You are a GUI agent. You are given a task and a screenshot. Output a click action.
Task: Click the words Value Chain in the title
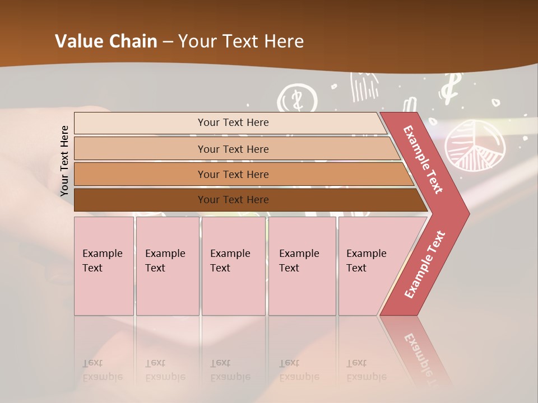point(106,41)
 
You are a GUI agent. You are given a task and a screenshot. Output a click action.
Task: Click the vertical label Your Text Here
point(64,161)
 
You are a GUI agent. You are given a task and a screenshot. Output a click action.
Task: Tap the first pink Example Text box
point(104,265)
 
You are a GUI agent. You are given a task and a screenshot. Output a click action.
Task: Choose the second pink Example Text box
point(167,265)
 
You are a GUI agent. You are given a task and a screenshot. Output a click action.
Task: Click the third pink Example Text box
point(233,265)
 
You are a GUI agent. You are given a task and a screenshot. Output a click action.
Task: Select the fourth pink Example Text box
point(302,265)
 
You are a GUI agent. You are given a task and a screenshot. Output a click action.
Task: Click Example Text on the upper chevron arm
point(423,160)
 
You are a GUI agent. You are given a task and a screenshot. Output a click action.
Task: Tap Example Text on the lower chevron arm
point(424,264)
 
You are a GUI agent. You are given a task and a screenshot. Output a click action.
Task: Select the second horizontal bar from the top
point(233,149)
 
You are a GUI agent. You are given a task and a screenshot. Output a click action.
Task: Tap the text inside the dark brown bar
point(233,200)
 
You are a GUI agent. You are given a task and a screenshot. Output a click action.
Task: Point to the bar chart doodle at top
point(364,87)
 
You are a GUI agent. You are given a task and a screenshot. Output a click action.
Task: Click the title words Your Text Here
point(241,41)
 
